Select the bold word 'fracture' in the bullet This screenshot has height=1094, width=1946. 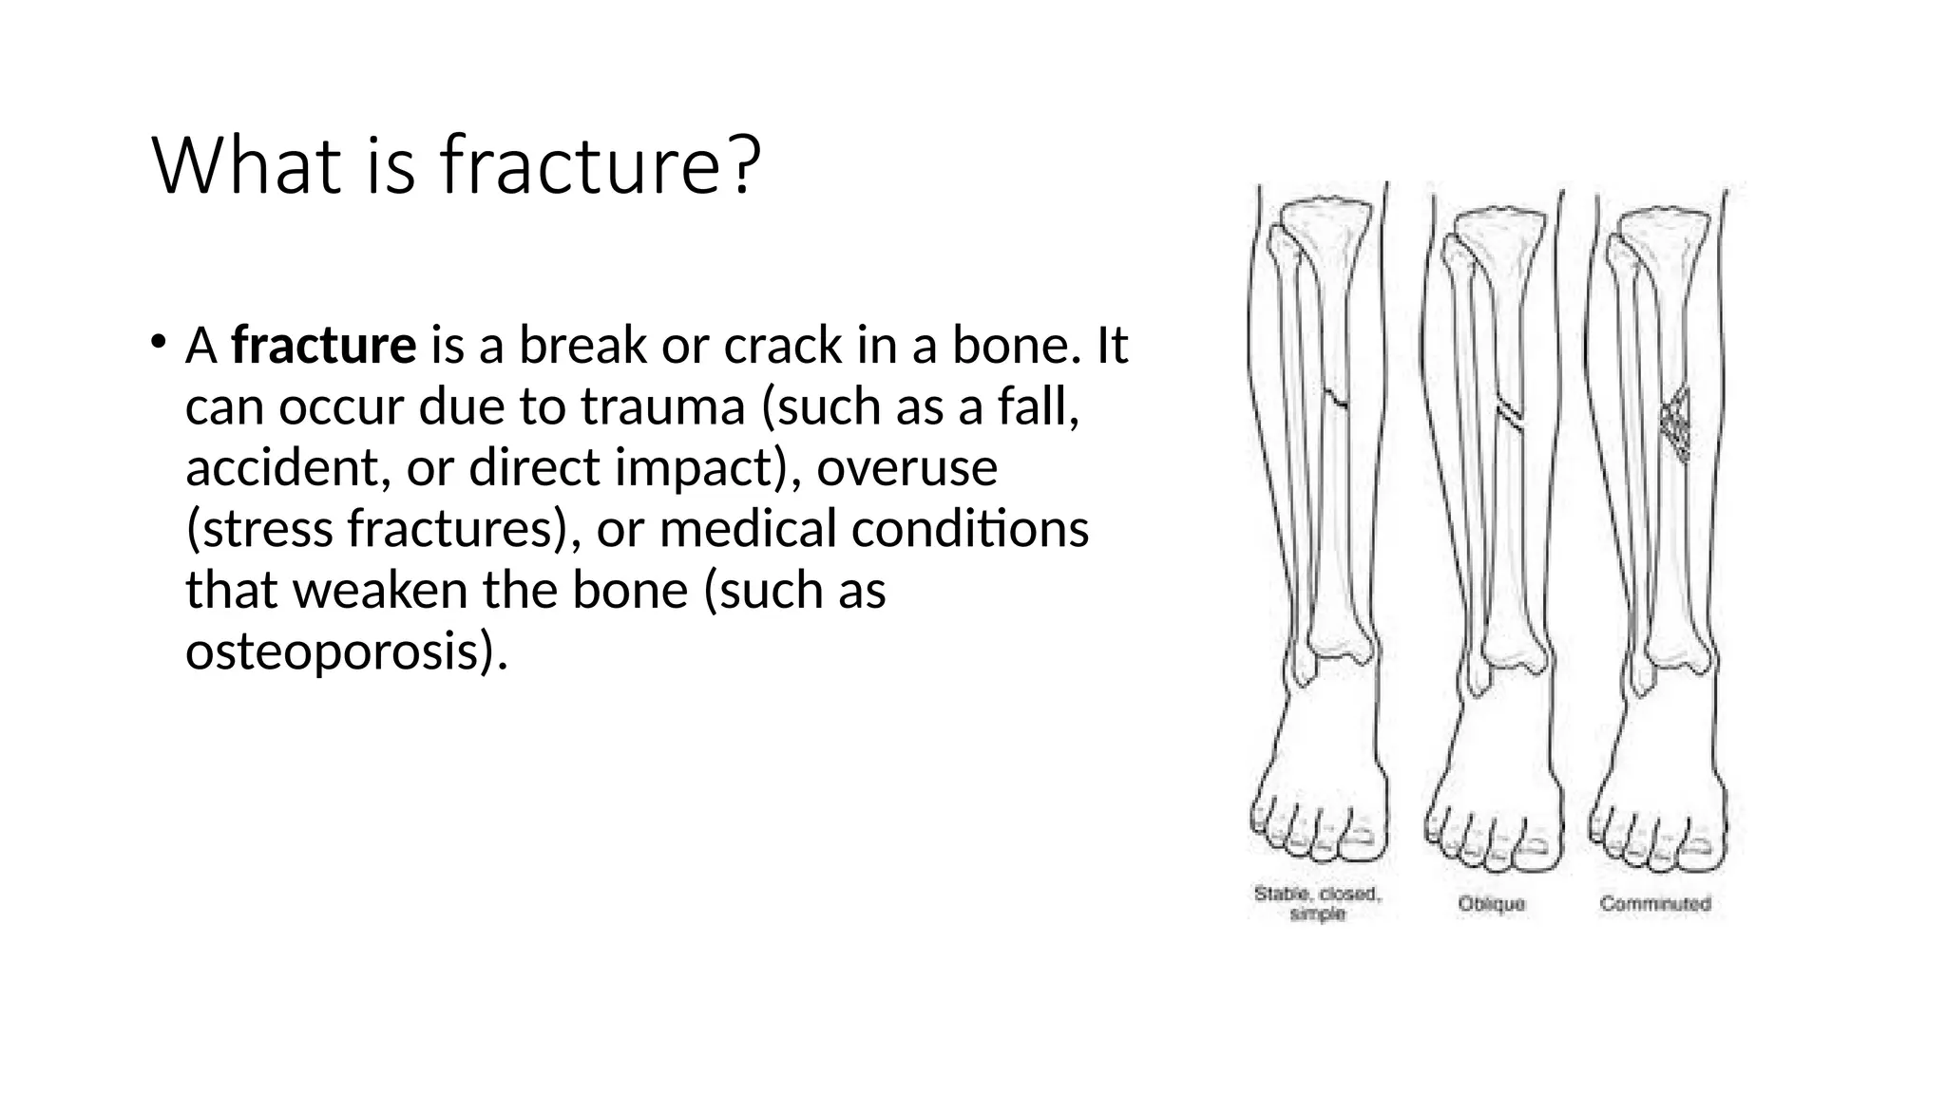323,345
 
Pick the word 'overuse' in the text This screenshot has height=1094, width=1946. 906,467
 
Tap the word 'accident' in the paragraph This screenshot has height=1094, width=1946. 280,467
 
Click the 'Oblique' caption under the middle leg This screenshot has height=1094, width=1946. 1491,904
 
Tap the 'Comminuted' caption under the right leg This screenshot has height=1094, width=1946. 1654,904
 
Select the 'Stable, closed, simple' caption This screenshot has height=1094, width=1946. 1318,903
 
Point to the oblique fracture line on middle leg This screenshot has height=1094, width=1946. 1511,417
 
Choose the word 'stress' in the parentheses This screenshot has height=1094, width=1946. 267,529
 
